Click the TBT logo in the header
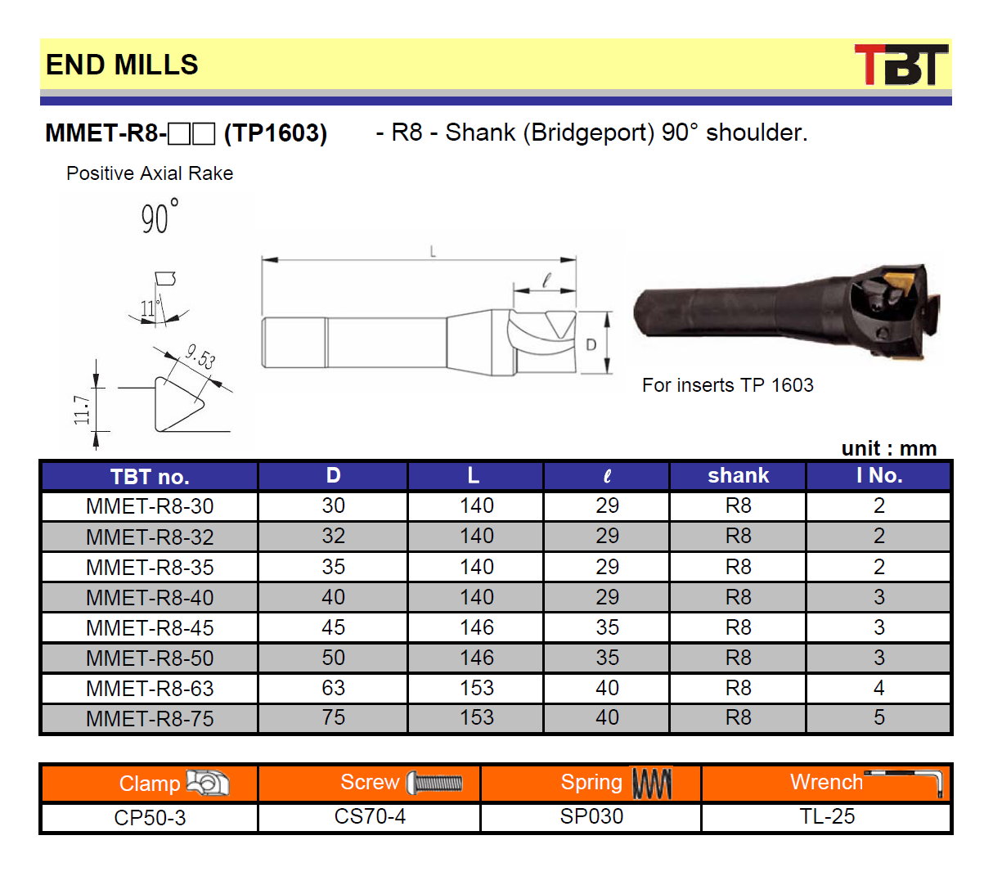pyautogui.click(x=901, y=65)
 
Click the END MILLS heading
pyautogui.click(x=122, y=65)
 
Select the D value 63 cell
pyautogui.click(x=333, y=688)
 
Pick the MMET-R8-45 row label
pyautogui.click(x=150, y=628)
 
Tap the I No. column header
pyautogui.click(x=879, y=475)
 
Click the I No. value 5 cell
pyautogui.click(x=878, y=717)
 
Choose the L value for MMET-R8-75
pyautogui.click(x=476, y=717)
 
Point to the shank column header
pyautogui.click(x=738, y=475)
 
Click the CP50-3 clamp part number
pyautogui.click(x=150, y=817)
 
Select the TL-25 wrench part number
pyautogui.click(x=827, y=816)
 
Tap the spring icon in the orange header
pyautogui.click(x=652, y=783)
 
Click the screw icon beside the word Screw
pyautogui.click(x=434, y=783)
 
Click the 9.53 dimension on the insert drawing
pyautogui.click(x=200, y=357)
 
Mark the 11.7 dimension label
pyautogui.click(x=82, y=410)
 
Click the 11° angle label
pyautogui.click(x=150, y=308)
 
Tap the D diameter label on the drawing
pyautogui.click(x=591, y=344)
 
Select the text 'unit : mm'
pyautogui.click(x=889, y=448)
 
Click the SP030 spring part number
pyautogui.click(x=591, y=816)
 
